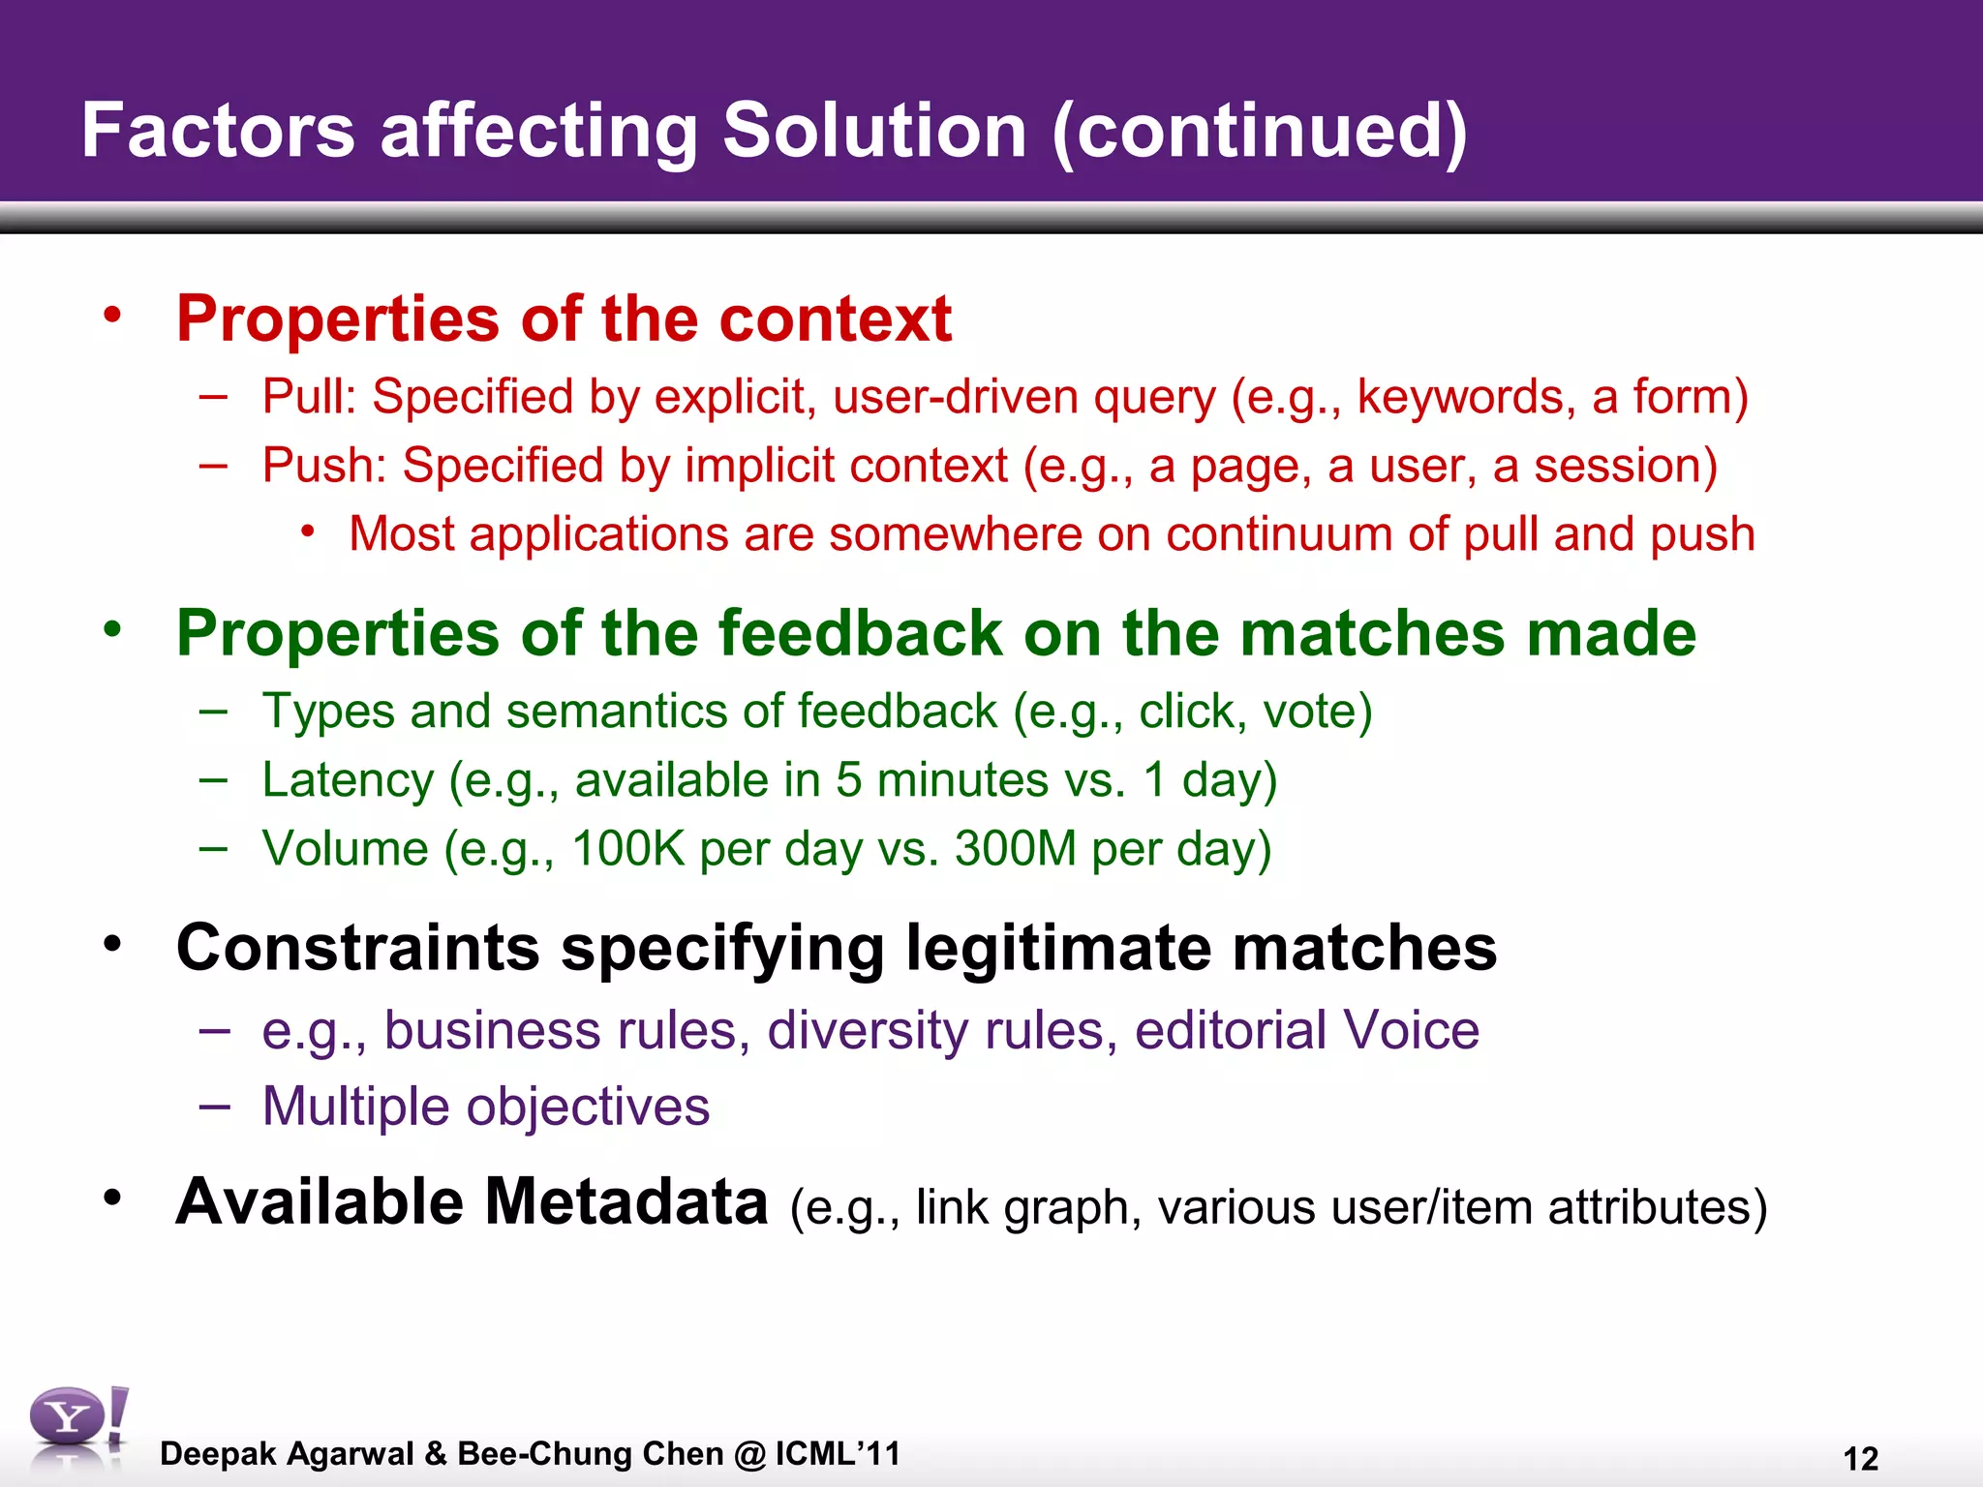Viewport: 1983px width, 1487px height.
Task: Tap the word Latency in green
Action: click(x=348, y=780)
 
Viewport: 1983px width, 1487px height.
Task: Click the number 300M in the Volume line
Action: click(x=1015, y=849)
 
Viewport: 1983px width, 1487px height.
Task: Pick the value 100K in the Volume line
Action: click(x=628, y=849)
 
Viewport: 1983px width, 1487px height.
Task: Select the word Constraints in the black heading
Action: click(x=357, y=947)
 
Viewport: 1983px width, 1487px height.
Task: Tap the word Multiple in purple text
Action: click(x=355, y=1107)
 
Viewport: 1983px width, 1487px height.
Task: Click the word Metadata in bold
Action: click(x=625, y=1201)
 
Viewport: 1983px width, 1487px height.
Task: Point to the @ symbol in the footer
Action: click(x=749, y=1454)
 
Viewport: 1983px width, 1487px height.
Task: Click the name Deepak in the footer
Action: click(x=219, y=1454)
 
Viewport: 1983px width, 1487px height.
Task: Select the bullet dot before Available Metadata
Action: click(x=113, y=1199)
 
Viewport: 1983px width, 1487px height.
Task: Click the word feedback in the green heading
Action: click(x=860, y=633)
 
